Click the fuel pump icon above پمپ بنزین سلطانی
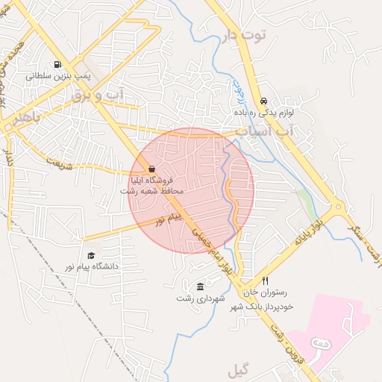pyautogui.click(x=57, y=65)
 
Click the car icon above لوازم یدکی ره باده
pyautogui.click(x=263, y=101)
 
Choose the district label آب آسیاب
pyautogui.click(x=263, y=131)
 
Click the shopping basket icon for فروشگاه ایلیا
pyautogui.click(x=152, y=169)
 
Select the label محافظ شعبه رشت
pyautogui.click(x=152, y=191)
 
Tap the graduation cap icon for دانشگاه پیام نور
pyautogui.click(x=91, y=255)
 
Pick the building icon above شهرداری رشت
pyautogui.click(x=200, y=286)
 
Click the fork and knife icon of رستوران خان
pyautogui.click(x=263, y=282)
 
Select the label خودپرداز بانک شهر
pyautogui.click(x=269, y=306)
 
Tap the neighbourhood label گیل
pyautogui.click(x=239, y=371)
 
